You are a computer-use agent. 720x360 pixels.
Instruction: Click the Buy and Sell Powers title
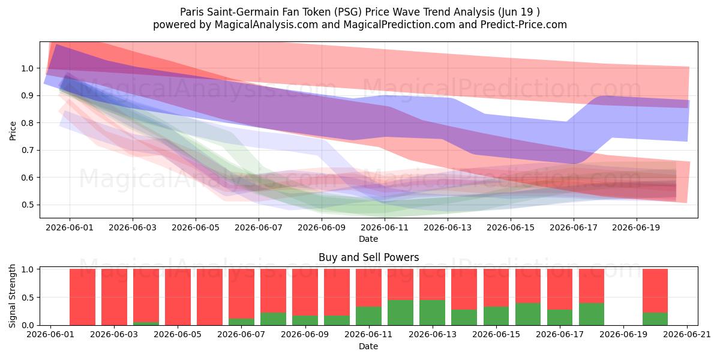coord(368,257)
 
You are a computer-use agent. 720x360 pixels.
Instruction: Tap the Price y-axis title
coord(13,131)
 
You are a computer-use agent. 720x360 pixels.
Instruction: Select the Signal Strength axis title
coord(12,296)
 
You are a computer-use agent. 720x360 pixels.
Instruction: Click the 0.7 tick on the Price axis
coord(28,150)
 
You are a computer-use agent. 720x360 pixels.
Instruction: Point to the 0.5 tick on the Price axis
coord(28,205)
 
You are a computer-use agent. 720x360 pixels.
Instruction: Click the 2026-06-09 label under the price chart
coord(322,227)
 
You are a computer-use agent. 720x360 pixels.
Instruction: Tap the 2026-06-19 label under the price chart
coord(636,227)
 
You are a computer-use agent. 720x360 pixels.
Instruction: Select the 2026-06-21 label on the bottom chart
coord(687,335)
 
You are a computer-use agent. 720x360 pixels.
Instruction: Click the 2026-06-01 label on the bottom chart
coord(50,335)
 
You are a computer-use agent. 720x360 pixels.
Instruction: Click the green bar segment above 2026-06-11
coord(368,316)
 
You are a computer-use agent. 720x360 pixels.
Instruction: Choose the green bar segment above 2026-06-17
coord(560,317)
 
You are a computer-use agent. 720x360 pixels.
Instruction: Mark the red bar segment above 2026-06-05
coord(178,297)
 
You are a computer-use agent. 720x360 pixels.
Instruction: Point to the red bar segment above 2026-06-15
coord(496,287)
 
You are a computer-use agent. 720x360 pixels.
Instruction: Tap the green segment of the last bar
coord(655,319)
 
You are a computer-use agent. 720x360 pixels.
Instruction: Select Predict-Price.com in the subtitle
coord(524,25)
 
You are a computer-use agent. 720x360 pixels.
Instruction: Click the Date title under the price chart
coord(368,239)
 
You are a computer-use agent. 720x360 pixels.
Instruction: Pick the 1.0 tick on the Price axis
coord(28,68)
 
